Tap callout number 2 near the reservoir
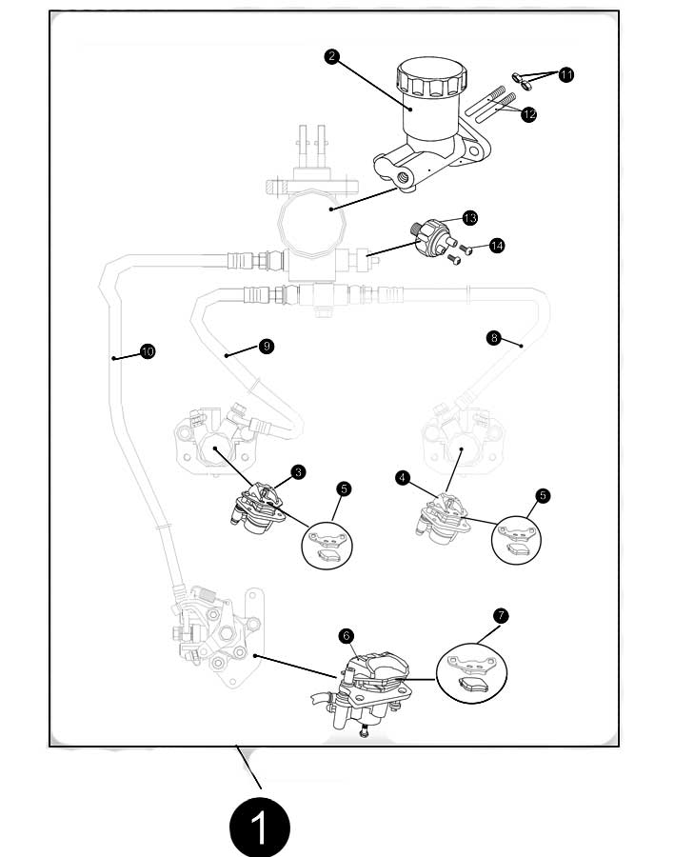click(x=330, y=56)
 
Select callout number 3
click(x=298, y=471)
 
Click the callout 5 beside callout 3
click(x=344, y=488)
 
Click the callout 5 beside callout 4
click(x=543, y=495)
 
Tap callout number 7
click(x=501, y=616)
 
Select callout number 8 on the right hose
click(x=493, y=337)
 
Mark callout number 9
click(x=267, y=347)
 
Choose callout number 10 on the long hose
click(x=148, y=351)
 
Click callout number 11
click(x=566, y=73)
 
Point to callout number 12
click(x=529, y=113)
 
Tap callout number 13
click(x=469, y=218)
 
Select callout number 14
click(x=496, y=245)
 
